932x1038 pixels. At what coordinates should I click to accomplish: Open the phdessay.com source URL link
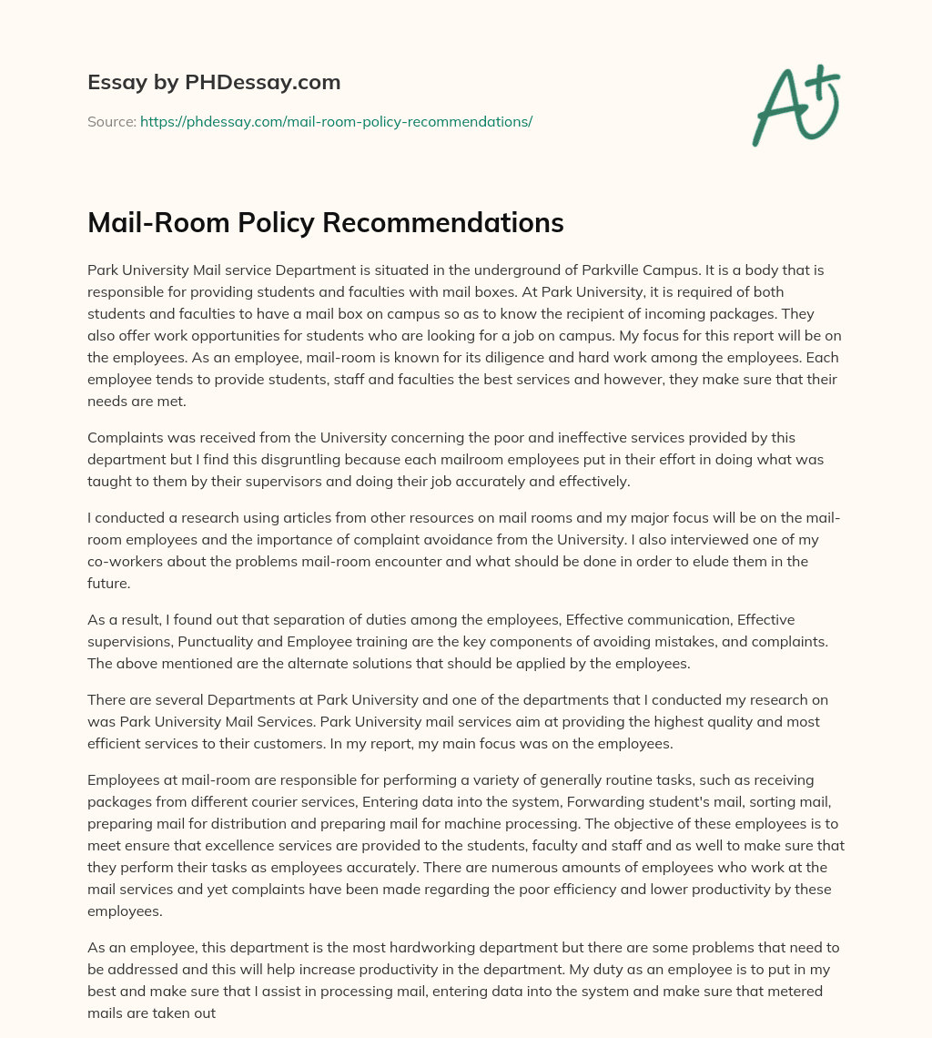click(336, 121)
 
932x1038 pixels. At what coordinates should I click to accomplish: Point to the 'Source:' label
click(111, 121)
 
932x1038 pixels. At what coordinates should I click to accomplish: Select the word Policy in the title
click(287, 223)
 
